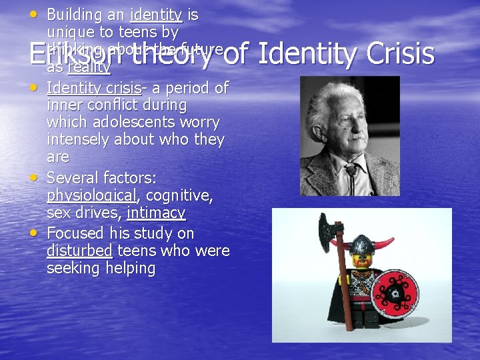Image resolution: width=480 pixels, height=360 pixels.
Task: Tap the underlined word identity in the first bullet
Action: click(x=156, y=15)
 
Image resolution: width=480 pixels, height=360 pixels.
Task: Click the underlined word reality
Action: click(x=89, y=67)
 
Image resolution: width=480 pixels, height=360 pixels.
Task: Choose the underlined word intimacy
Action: click(x=156, y=213)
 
